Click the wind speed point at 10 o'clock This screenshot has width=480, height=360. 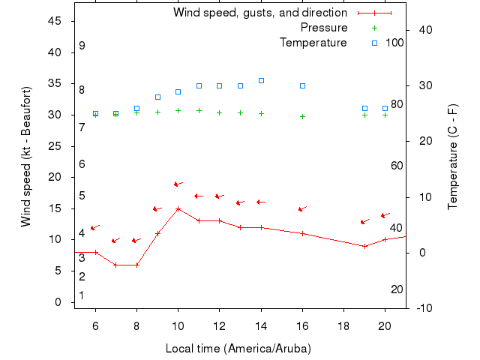click(x=178, y=208)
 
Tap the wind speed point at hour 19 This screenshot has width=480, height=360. click(x=364, y=246)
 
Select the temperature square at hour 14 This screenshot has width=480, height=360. click(x=261, y=80)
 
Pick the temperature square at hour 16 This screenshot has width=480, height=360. click(x=302, y=85)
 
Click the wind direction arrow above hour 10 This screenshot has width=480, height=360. click(x=178, y=184)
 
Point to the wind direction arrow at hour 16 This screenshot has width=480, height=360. click(x=302, y=209)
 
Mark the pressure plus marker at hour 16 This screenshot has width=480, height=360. click(x=302, y=116)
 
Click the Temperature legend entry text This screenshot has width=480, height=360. click(x=313, y=43)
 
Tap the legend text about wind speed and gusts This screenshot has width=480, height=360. click(x=259, y=13)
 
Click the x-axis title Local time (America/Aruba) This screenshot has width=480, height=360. click(x=238, y=349)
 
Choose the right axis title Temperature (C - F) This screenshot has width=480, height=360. click(x=453, y=157)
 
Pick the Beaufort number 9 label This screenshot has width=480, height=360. click(x=82, y=46)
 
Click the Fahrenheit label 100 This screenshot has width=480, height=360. click(x=394, y=43)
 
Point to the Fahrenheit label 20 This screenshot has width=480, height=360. click(x=397, y=289)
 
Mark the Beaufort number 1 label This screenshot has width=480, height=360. click(x=82, y=295)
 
